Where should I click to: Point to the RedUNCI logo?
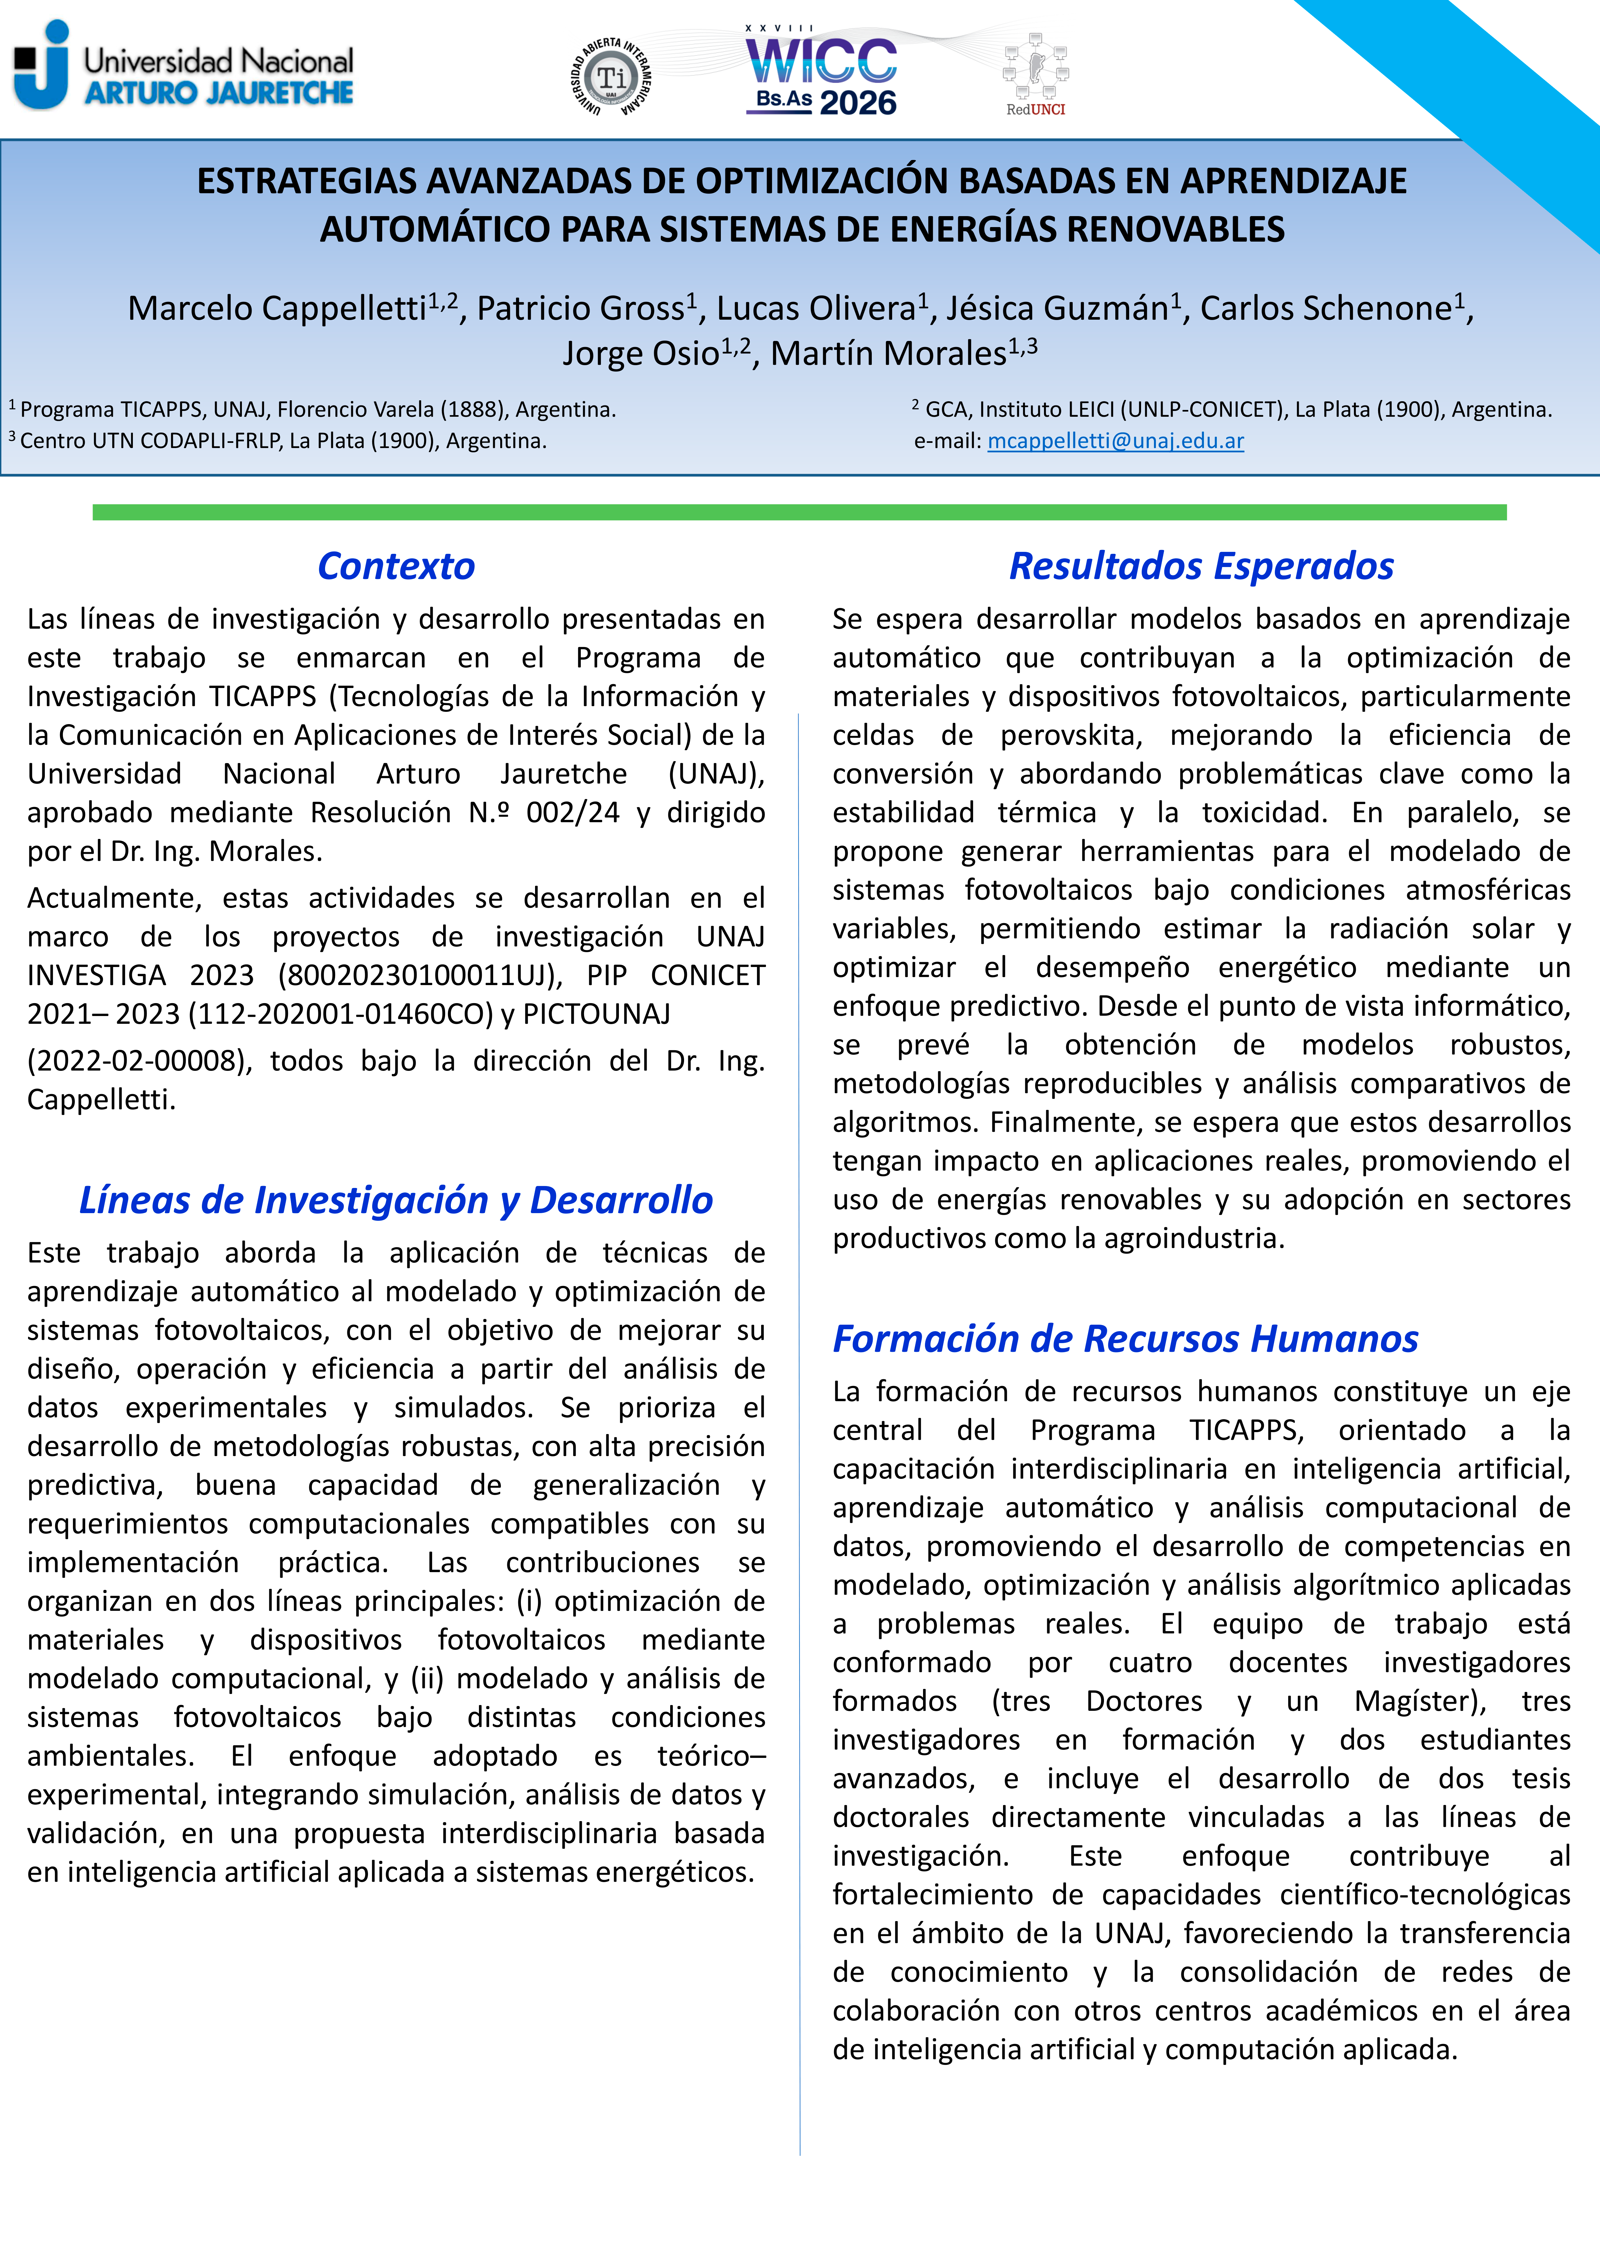(1035, 76)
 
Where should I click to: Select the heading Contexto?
(396, 566)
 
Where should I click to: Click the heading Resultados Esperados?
(1201, 566)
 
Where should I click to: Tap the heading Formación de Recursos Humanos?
(1125, 1339)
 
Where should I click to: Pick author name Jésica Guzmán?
(1057, 308)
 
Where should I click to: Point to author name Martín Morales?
(887, 353)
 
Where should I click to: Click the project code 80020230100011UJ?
(419, 975)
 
